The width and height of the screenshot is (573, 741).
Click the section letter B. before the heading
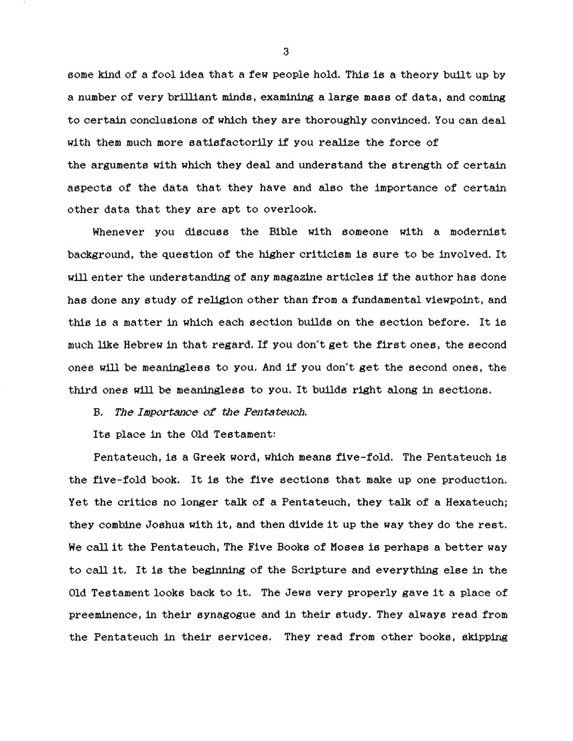point(97,412)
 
